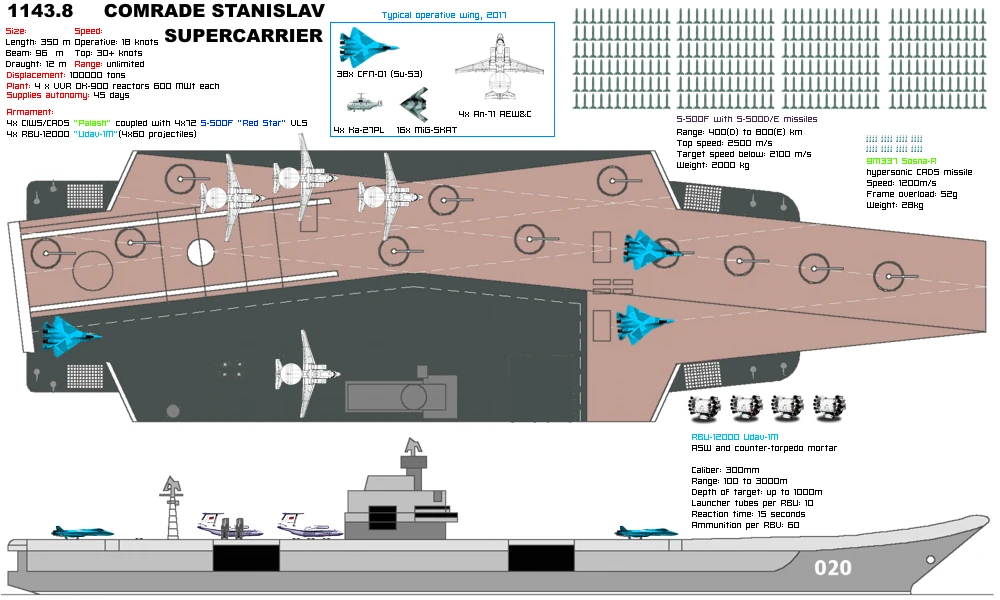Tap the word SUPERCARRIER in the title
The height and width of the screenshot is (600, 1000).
[x=243, y=35]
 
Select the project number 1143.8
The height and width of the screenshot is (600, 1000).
[x=41, y=12]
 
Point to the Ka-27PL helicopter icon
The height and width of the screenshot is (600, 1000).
[x=359, y=103]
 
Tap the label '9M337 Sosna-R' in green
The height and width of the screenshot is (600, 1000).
[x=900, y=160]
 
